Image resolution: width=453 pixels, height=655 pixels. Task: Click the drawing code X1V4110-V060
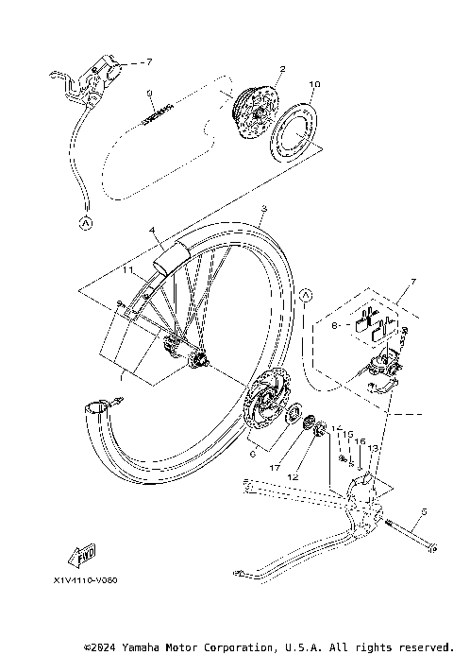[x=92, y=581]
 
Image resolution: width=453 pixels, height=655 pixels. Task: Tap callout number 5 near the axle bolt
[x=424, y=511]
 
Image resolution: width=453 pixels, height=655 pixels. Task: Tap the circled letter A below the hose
[x=84, y=224]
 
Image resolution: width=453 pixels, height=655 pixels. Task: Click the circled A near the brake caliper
[x=306, y=297]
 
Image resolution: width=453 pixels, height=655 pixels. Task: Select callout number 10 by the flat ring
[x=313, y=84]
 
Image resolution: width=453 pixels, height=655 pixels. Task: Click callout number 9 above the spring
[x=149, y=93]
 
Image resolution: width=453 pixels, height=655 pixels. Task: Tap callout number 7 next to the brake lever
[x=147, y=61]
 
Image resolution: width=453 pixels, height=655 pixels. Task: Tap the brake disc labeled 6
[x=263, y=405]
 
